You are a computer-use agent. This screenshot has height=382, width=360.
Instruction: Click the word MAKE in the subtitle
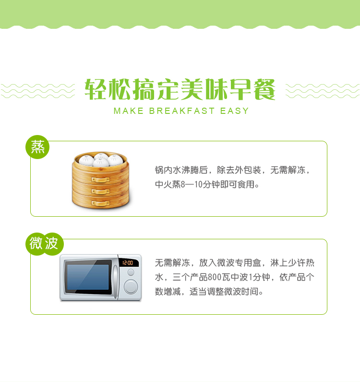pos(129,111)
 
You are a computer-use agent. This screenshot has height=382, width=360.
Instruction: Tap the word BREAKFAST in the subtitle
pos(181,111)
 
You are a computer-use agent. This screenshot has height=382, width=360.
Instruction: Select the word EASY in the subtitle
pos(234,111)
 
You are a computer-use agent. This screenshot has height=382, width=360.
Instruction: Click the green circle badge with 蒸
pos(37,147)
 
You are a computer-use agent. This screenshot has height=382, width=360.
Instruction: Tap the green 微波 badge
pos(44,244)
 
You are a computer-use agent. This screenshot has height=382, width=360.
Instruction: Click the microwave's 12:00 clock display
pos(128,263)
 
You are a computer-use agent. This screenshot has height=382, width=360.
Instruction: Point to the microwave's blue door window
pos(88,277)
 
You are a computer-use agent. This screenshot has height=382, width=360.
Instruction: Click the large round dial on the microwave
pos(131,286)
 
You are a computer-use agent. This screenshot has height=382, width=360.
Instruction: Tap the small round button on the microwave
pos(131,272)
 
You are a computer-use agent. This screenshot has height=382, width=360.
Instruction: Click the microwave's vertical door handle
pos(115,279)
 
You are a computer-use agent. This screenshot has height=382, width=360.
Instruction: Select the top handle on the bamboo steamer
pos(100,180)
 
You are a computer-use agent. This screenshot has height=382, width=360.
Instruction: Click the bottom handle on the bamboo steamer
pos(100,203)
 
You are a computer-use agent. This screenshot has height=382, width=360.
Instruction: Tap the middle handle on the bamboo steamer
pos(100,191)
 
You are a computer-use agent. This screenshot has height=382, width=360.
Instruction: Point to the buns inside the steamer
pos(101,160)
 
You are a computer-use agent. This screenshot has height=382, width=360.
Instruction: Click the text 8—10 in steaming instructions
pos(192,185)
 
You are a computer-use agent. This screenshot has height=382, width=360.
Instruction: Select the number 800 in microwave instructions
pos(215,277)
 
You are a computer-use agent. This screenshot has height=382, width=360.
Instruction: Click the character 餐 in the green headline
pos(264,89)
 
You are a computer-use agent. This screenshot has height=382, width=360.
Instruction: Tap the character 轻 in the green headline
pos(96,89)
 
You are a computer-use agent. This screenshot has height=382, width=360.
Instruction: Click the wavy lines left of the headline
pos(38,91)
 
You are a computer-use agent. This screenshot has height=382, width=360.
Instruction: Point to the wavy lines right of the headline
pos(323,91)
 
